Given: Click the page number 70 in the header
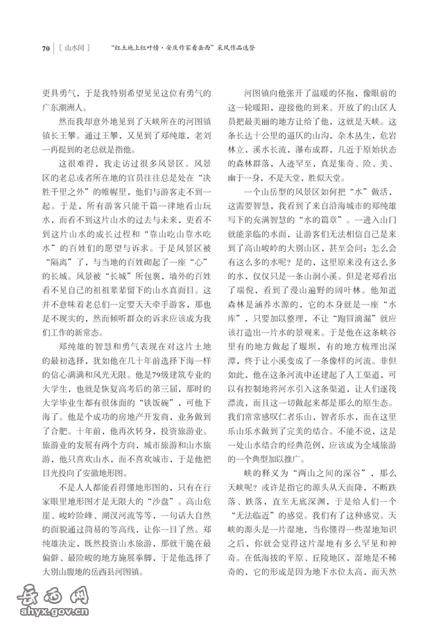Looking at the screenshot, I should click(46, 49).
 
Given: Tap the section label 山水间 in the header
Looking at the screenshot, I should click(74, 49).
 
